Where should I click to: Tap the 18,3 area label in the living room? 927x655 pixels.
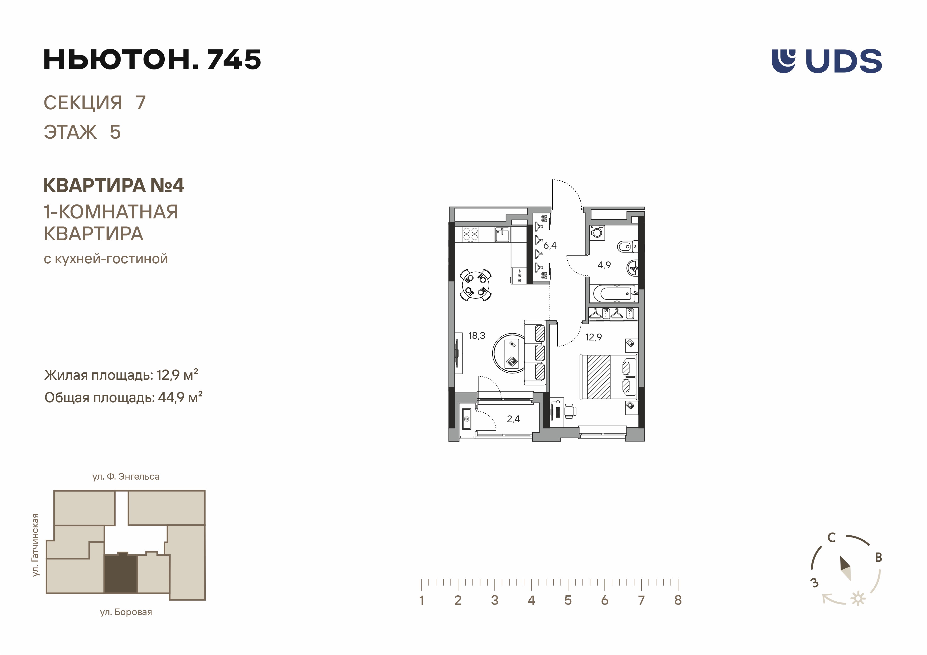[x=476, y=336]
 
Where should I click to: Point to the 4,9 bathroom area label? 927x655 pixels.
[x=604, y=265]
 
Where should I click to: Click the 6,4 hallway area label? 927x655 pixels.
[x=550, y=245]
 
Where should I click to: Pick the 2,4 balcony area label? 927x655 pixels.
[x=513, y=419]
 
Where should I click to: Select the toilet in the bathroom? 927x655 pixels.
[x=627, y=246]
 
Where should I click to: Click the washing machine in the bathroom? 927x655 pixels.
[x=597, y=233]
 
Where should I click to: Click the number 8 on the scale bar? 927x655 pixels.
[x=678, y=600]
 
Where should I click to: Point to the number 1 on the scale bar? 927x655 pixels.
[x=421, y=600]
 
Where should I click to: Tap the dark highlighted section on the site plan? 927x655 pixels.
[x=121, y=574]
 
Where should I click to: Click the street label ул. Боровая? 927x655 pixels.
[x=126, y=612]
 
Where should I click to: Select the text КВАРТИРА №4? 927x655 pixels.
[x=114, y=185]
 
